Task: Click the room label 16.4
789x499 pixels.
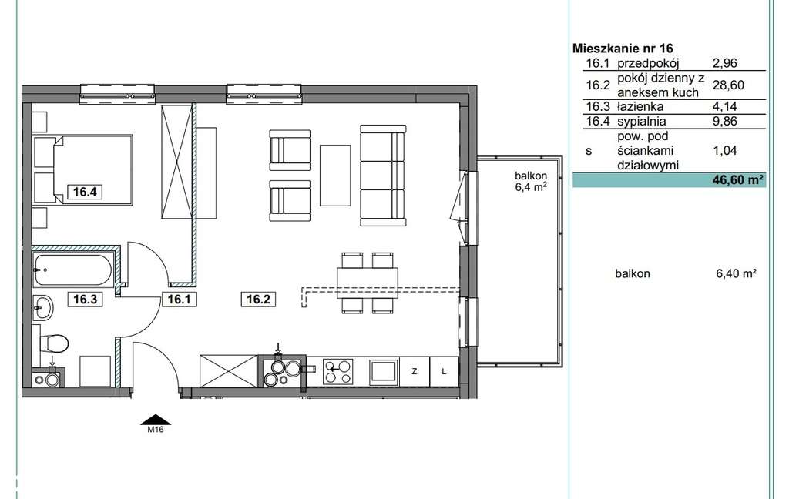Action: (x=85, y=192)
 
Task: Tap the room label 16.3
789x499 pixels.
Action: (x=85, y=300)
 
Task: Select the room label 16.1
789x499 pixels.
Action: (x=179, y=300)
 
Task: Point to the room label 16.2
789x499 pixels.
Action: (x=258, y=300)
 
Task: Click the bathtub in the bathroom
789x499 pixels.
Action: (x=73, y=270)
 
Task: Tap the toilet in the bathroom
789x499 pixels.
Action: (x=55, y=344)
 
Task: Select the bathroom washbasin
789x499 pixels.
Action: (x=43, y=306)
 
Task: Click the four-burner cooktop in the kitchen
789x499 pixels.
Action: (x=337, y=372)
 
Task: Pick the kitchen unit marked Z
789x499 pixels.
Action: (x=414, y=372)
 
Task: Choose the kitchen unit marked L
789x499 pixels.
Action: (x=444, y=372)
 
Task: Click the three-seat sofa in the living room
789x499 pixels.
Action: (x=383, y=176)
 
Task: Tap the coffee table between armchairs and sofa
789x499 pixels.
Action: (x=335, y=176)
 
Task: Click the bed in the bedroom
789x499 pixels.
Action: (x=83, y=169)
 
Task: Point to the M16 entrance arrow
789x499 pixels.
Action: (x=156, y=420)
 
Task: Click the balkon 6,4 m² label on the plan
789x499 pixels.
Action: (x=531, y=182)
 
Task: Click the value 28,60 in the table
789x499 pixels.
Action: (x=728, y=85)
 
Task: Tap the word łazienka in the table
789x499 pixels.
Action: (x=640, y=106)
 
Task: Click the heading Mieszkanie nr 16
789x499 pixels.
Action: (x=623, y=49)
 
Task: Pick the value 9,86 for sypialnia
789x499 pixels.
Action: (x=724, y=121)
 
